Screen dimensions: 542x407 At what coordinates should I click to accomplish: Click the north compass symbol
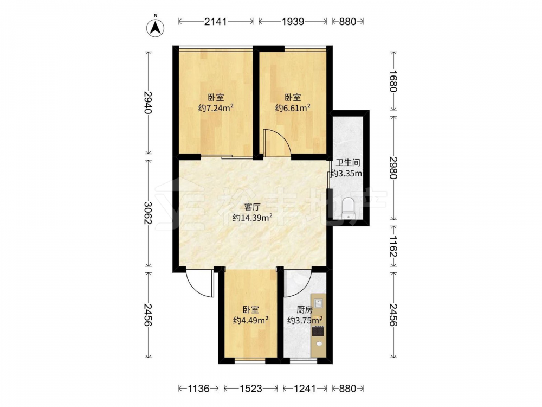click(x=156, y=27)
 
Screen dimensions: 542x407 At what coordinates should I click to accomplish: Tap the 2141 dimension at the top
click(x=215, y=22)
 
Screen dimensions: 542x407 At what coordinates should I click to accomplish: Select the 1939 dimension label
click(x=293, y=22)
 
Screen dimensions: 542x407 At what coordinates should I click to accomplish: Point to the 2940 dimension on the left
click(x=148, y=103)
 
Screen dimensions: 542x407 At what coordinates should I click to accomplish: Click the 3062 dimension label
click(x=148, y=213)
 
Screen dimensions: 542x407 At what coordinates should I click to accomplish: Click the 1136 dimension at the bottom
click(x=198, y=389)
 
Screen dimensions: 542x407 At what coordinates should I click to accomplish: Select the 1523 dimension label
click(x=250, y=389)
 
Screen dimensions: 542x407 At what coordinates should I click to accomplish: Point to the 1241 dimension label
click(x=305, y=389)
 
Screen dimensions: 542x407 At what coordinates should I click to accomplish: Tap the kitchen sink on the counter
click(x=319, y=302)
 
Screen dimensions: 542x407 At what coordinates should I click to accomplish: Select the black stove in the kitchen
click(x=318, y=331)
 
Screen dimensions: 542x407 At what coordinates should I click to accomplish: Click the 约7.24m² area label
click(x=216, y=108)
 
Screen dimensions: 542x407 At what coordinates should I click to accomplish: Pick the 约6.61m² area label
click(x=293, y=108)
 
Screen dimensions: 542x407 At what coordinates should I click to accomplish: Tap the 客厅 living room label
click(x=252, y=207)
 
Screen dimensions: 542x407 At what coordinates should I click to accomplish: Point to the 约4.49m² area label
click(x=251, y=320)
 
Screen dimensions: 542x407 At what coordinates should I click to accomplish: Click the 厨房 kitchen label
click(x=305, y=309)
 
